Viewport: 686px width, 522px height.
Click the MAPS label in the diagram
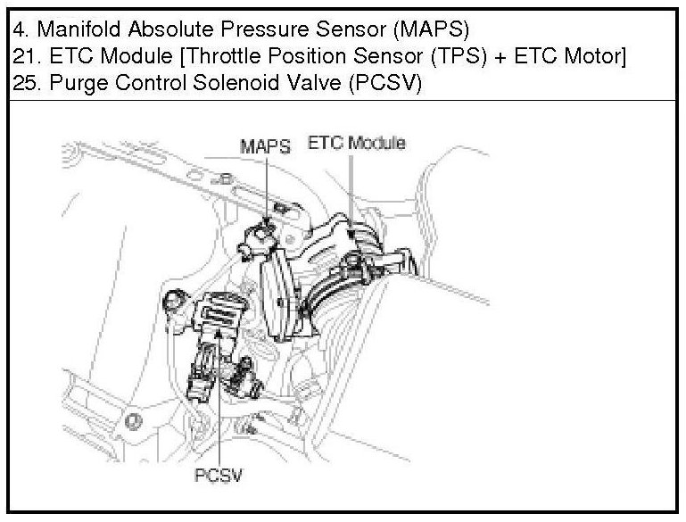pos(265,145)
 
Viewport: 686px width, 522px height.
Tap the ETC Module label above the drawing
pos(356,142)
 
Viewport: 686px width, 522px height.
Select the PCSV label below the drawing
pos(219,475)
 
